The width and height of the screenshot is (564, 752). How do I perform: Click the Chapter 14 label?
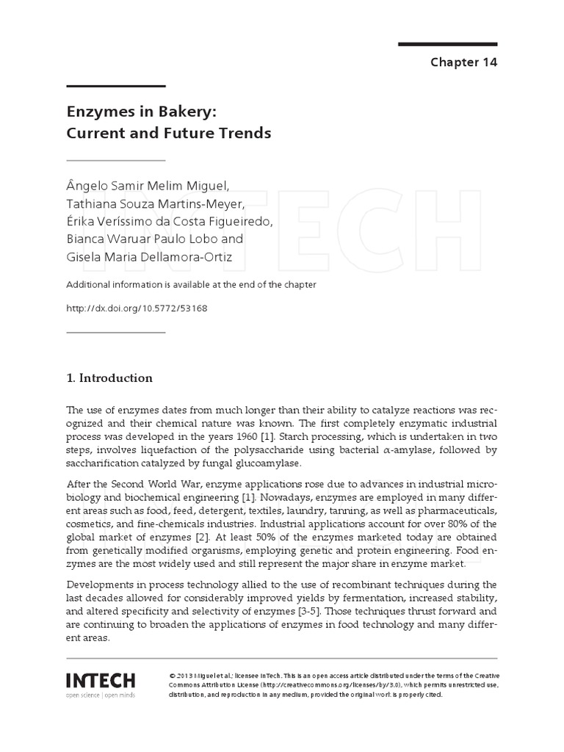463,62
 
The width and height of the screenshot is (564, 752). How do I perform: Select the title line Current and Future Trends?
169,134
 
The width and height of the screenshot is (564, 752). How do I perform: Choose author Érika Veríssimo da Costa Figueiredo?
169,220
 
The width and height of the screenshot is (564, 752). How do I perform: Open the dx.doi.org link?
137,308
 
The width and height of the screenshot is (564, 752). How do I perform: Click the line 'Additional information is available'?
191,284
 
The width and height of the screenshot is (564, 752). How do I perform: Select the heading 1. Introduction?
109,378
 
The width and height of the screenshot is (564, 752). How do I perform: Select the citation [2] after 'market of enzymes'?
196,537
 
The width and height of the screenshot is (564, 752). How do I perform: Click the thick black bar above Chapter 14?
448,45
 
